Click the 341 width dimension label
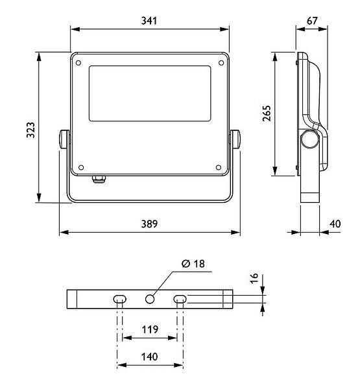click(x=149, y=21)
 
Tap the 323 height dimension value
click(x=30, y=130)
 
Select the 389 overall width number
click(x=149, y=224)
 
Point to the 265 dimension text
click(x=267, y=113)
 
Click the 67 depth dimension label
click(x=312, y=21)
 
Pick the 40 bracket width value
click(x=335, y=224)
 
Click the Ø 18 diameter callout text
click(x=193, y=263)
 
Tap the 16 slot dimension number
click(x=254, y=279)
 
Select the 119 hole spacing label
click(x=150, y=329)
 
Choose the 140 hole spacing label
click(x=149, y=357)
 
